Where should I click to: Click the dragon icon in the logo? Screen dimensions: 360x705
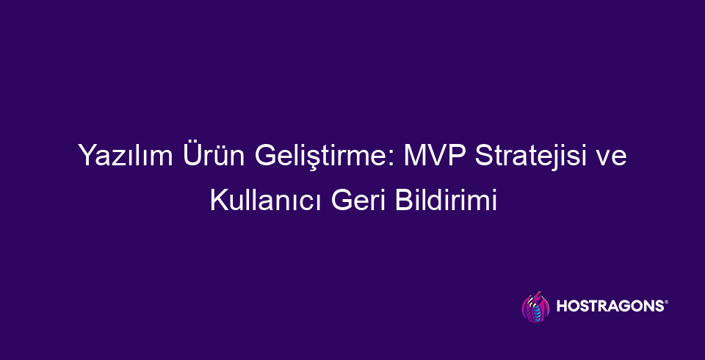coord(534,307)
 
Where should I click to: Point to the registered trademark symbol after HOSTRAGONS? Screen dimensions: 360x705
coord(666,303)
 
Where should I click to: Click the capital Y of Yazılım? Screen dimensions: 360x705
coord(86,158)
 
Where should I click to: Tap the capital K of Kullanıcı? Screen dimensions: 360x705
coord(217,200)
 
